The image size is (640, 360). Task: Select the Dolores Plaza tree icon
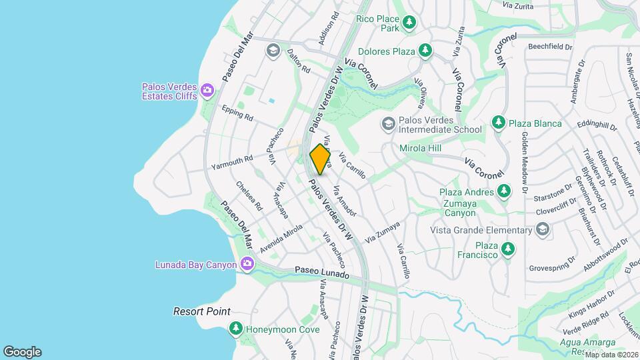(425, 51)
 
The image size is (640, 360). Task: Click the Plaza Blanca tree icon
(498, 123)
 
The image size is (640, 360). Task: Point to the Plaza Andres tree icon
(504, 192)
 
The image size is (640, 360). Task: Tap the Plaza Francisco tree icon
(509, 249)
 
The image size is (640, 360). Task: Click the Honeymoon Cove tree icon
(235, 329)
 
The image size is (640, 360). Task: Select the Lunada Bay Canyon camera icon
(247, 265)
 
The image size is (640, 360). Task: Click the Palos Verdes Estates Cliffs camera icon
(207, 90)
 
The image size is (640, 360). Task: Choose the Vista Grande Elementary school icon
(543, 230)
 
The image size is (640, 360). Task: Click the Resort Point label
(202, 311)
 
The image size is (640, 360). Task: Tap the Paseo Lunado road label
(321, 273)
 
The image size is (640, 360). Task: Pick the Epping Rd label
(239, 114)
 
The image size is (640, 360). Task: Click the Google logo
(22, 351)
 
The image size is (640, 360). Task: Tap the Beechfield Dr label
(550, 47)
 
